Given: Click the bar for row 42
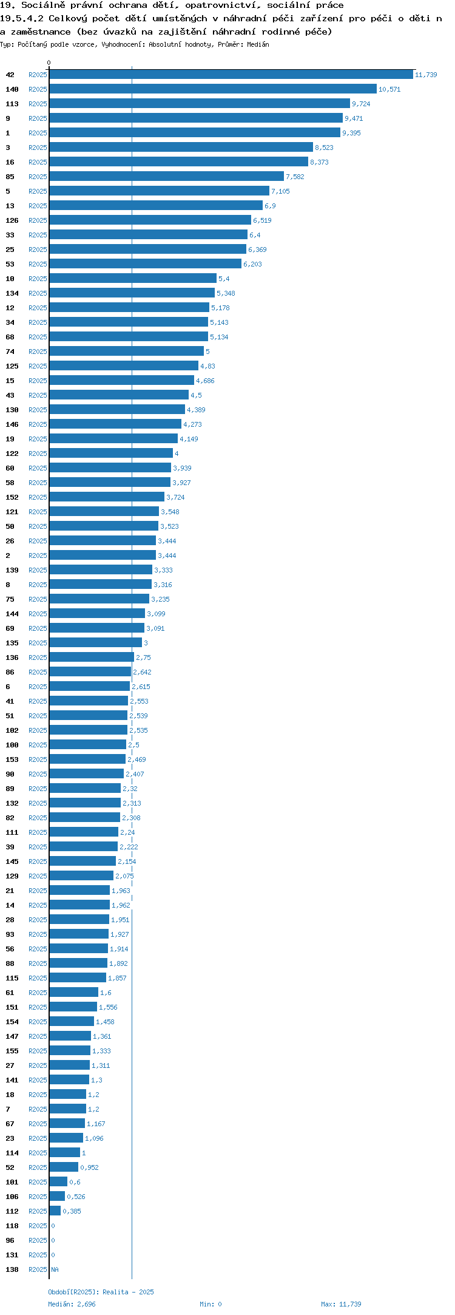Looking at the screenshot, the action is pyautogui.click(x=231, y=75).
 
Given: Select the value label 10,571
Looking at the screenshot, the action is pyautogui.click(x=389, y=89).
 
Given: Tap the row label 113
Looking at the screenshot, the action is pyautogui.click(x=12, y=104).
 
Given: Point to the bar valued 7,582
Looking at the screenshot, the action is pyautogui.click(x=166, y=177).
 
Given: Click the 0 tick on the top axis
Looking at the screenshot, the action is pyautogui.click(x=49, y=63).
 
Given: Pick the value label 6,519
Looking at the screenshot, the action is pyautogui.click(x=262, y=220).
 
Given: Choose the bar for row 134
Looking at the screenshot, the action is pyautogui.click(x=132, y=293).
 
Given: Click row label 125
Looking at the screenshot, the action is pyautogui.click(x=12, y=366).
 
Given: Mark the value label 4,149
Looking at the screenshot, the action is pyautogui.click(x=189, y=439).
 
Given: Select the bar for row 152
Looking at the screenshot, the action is pyautogui.click(x=107, y=497).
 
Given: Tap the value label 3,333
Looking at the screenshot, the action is pyautogui.click(x=163, y=570).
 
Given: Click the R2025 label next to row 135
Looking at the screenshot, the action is pyautogui.click(x=38, y=643).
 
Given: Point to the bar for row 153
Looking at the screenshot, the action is pyautogui.click(x=87, y=759).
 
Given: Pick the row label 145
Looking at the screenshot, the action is pyautogui.click(x=12, y=861).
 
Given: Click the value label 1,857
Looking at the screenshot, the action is pyautogui.click(x=117, y=978).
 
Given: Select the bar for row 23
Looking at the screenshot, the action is pyautogui.click(x=66, y=1138).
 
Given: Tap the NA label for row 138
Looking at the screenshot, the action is pyautogui.click(x=55, y=1269).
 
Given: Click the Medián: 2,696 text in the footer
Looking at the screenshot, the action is pyautogui.click(x=72, y=1304).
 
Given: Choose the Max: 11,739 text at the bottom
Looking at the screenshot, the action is pyautogui.click(x=341, y=1304).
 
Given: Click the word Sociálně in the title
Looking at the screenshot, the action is pyautogui.click(x=43, y=5).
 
